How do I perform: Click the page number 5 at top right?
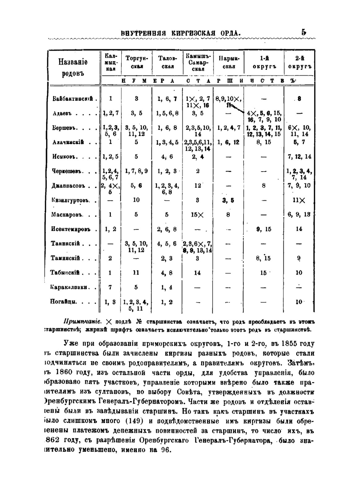pyautogui.click(x=304, y=32)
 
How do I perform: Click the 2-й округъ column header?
pyautogui.click(x=299, y=62)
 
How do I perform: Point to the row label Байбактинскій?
pyautogui.click(x=73, y=99)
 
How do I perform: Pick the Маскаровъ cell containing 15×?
pyautogui.click(x=197, y=215)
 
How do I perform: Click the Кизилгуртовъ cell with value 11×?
pyautogui.click(x=299, y=200)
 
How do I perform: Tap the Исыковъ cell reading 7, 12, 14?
pyautogui.click(x=299, y=156)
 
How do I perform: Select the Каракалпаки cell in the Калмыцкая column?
pyautogui.click(x=110, y=287)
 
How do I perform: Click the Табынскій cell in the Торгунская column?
pyautogui.click(x=136, y=273)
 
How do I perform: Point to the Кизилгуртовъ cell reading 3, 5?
pyautogui.click(x=228, y=200)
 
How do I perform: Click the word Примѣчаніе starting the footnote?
pyautogui.click(x=79, y=321)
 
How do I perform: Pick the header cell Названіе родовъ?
pyautogui.click(x=73, y=67)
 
